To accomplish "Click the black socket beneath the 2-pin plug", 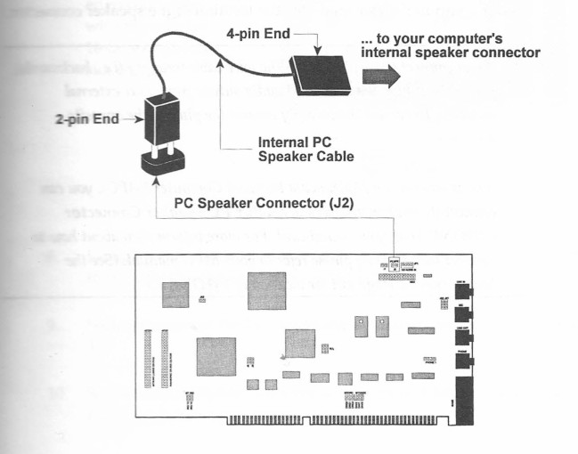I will point(163,163).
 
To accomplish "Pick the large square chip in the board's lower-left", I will point(216,355).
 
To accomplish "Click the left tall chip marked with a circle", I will point(361,326).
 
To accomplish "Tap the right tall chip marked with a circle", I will point(383,326).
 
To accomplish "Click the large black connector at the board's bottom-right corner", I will point(466,392).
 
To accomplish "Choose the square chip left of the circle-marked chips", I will point(300,344).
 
